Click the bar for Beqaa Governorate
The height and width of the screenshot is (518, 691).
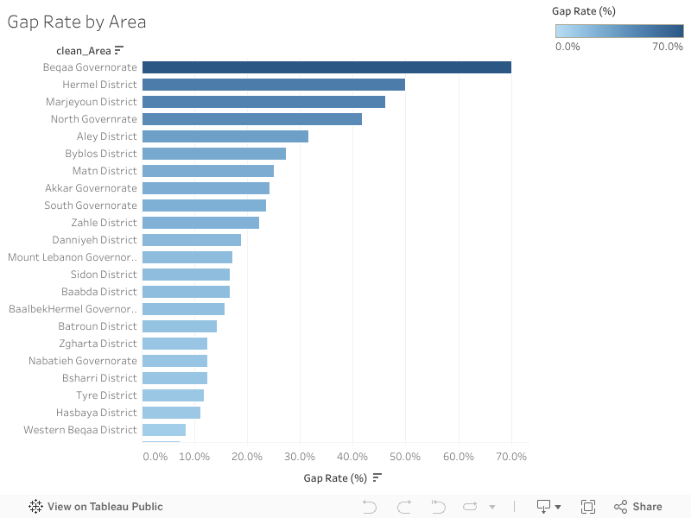[x=326, y=67]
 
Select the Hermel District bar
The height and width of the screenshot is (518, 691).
[x=273, y=85]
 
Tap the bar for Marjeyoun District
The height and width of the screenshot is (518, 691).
[x=263, y=102]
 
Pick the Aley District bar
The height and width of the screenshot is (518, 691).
[x=225, y=136]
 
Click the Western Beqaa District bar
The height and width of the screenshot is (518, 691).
[x=164, y=430]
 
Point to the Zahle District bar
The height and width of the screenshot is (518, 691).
[x=200, y=223]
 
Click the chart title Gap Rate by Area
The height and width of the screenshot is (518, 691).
[x=77, y=22]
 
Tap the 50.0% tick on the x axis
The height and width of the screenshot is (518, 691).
[x=405, y=456]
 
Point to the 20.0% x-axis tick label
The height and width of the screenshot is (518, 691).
[x=247, y=456]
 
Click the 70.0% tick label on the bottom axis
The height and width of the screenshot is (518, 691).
[x=510, y=456]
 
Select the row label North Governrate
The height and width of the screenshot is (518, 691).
[x=93, y=119]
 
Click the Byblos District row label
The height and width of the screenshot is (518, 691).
[x=101, y=154]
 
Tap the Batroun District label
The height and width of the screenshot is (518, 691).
[x=98, y=326]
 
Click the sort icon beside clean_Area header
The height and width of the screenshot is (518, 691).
[x=119, y=51]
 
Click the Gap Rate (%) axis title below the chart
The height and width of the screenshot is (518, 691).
[x=335, y=477]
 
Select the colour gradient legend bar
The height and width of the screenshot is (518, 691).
[x=619, y=31]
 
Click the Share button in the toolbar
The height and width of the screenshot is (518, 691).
[x=638, y=507]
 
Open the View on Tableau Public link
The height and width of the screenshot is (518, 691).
[x=96, y=507]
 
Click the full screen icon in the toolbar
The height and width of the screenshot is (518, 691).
[x=588, y=507]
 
